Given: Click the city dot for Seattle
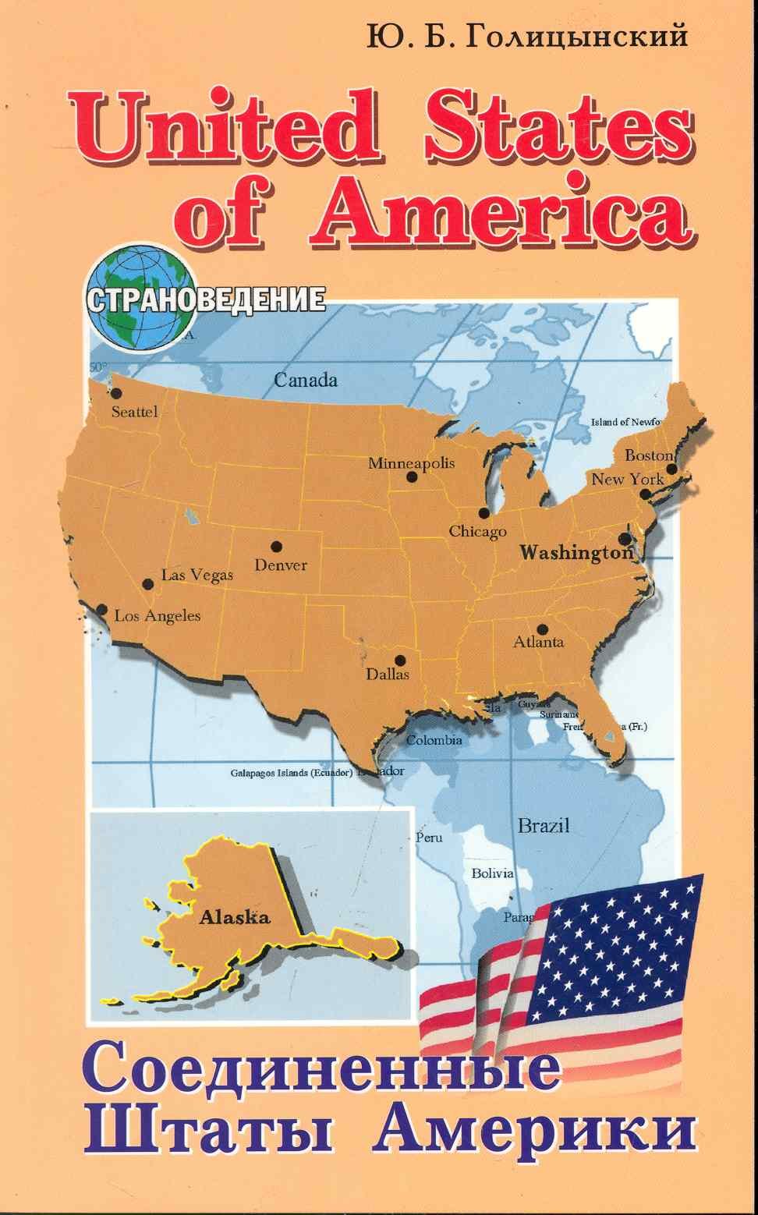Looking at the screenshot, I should pos(117,394).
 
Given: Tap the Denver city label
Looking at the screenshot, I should pos(281,565).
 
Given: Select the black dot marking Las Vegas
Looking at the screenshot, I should pos(148,583).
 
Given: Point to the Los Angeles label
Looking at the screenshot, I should pos(158,616).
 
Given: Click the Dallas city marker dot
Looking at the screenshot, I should pos(400,659).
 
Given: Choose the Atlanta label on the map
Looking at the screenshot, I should pos(538,643).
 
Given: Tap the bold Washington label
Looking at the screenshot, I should pos(576,554).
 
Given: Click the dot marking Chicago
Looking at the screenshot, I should pos(484,513).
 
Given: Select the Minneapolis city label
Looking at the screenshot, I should pos(411,463).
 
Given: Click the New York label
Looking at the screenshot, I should pos(627,480).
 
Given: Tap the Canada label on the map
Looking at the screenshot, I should pos(305,381).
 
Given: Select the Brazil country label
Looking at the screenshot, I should pos(544,826).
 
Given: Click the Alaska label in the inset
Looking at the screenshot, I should pos(235,917).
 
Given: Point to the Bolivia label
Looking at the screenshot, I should pos(492,873).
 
